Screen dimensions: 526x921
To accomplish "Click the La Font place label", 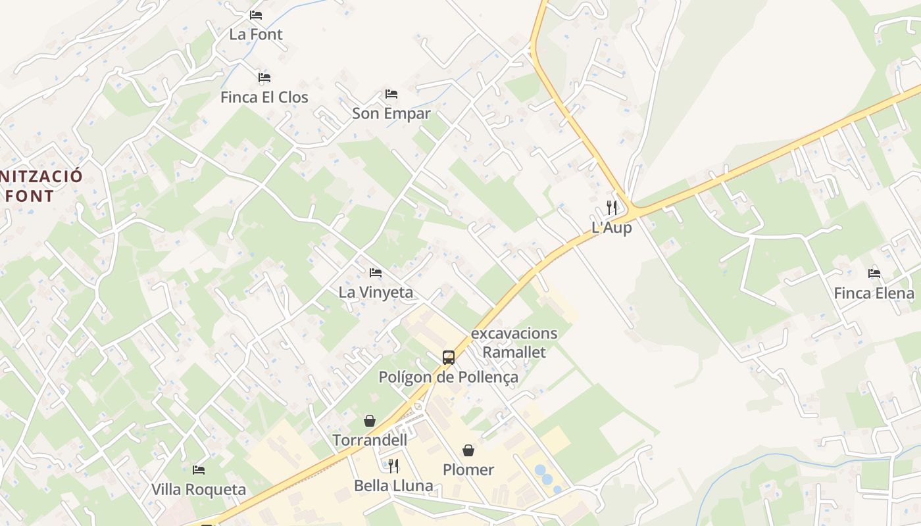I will pyautogui.click(x=256, y=34).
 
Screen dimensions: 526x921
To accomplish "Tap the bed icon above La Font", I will pyautogui.click(x=256, y=14).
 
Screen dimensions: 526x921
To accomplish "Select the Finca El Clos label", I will pyautogui.click(x=264, y=97).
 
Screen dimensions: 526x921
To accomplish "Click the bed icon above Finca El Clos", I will pyautogui.click(x=264, y=78).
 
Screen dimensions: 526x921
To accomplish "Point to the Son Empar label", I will pyautogui.click(x=391, y=113).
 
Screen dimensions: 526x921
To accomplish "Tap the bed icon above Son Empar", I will pyautogui.click(x=391, y=94).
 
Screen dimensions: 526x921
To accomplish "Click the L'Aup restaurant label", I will pyautogui.click(x=612, y=227).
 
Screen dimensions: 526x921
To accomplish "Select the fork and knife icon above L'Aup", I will pyautogui.click(x=612, y=208).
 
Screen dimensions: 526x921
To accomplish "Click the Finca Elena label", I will pyautogui.click(x=874, y=293).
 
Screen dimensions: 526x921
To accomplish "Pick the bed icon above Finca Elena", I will pyautogui.click(x=874, y=273).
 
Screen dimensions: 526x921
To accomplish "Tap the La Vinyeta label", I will pyautogui.click(x=376, y=292).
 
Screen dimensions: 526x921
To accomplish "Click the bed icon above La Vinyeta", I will pyautogui.click(x=376, y=272).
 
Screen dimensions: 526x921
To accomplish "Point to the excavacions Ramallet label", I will pyautogui.click(x=514, y=343).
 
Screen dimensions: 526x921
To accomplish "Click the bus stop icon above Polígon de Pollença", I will pyautogui.click(x=449, y=358).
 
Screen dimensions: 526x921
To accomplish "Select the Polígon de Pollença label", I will pyautogui.click(x=448, y=377).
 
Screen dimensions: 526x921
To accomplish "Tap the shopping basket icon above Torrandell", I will pyautogui.click(x=370, y=421).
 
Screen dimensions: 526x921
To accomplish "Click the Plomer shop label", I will pyautogui.click(x=468, y=469).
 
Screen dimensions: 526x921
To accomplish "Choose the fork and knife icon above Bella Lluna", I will pyautogui.click(x=393, y=466).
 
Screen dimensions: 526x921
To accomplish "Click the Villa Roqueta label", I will pyautogui.click(x=199, y=489).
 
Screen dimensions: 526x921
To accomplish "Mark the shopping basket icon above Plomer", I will pyautogui.click(x=468, y=450).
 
